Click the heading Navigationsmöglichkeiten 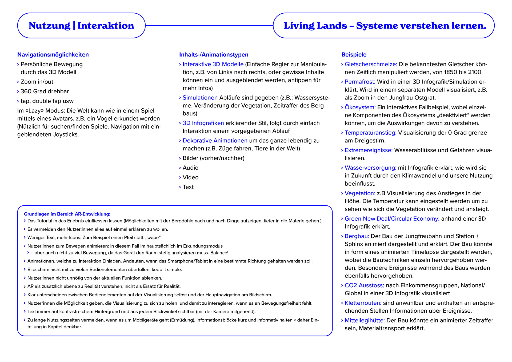coord(53,55)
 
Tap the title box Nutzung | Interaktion coord(81,26)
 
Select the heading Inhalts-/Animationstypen coord(214,55)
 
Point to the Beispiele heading coord(354,55)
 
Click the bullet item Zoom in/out coord(37,82)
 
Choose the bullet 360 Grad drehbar coord(45,92)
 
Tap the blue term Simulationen coord(200,98)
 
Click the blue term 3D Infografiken coord(203,123)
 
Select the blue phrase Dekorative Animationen coord(215,141)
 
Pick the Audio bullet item coord(190,168)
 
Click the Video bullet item coord(190,177)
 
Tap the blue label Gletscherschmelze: coord(371,64)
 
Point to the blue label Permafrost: coord(360,82)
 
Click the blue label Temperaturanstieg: coord(370,133)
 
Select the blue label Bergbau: coord(357,236)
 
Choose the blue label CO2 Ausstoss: coord(364,285)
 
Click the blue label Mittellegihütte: coord(365,320)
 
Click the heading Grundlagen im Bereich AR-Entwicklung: coord(67,214)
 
